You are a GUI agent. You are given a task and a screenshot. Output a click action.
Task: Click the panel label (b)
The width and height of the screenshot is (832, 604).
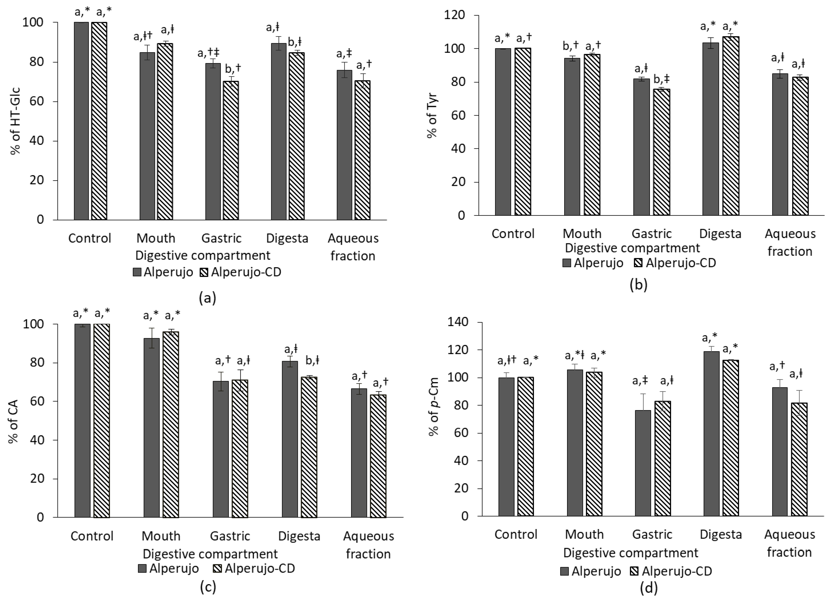click(x=638, y=284)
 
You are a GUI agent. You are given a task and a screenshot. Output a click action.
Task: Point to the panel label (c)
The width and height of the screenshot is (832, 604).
click(x=208, y=587)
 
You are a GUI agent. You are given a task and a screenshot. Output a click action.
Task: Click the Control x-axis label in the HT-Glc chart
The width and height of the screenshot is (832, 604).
click(x=89, y=238)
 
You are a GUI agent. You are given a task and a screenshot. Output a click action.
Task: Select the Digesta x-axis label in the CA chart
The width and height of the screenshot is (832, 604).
click(x=299, y=536)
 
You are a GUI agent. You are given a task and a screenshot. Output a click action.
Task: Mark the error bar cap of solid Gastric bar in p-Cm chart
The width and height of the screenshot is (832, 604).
click(x=643, y=394)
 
